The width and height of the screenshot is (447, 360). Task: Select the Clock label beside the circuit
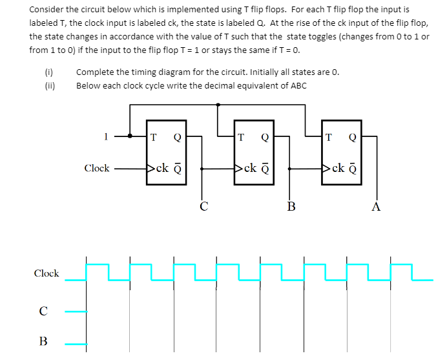pyautogui.click(x=97, y=168)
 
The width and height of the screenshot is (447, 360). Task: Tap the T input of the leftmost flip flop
pyautogui.click(x=152, y=136)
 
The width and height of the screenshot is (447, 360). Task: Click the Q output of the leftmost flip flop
pyautogui.click(x=177, y=136)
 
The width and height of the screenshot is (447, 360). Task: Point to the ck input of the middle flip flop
pyautogui.click(x=247, y=169)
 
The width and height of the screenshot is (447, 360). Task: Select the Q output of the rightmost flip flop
pyautogui.click(x=352, y=136)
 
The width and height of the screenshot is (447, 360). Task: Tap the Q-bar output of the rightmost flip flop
pyautogui.click(x=353, y=169)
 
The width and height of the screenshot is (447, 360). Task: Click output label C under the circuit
pyautogui.click(x=203, y=207)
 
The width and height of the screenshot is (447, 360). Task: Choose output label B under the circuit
pyautogui.click(x=291, y=207)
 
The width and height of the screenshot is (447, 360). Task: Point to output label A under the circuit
pyautogui.click(x=377, y=207)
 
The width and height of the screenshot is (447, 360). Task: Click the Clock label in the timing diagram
pyautogui.click(x=47, y=273)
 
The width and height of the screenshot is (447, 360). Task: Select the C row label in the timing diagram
pyautogui.click(x=43, y=312)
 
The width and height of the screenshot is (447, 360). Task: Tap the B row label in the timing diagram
pyautogui.click(x=43, y=341)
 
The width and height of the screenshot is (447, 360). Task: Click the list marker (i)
pyautogui.click(x=48, y=72)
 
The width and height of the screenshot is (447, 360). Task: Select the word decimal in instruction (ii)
pyautogui.click(x=206, y=85)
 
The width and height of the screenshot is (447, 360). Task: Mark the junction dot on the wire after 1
pyautogui.click(x=130, y=136)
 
